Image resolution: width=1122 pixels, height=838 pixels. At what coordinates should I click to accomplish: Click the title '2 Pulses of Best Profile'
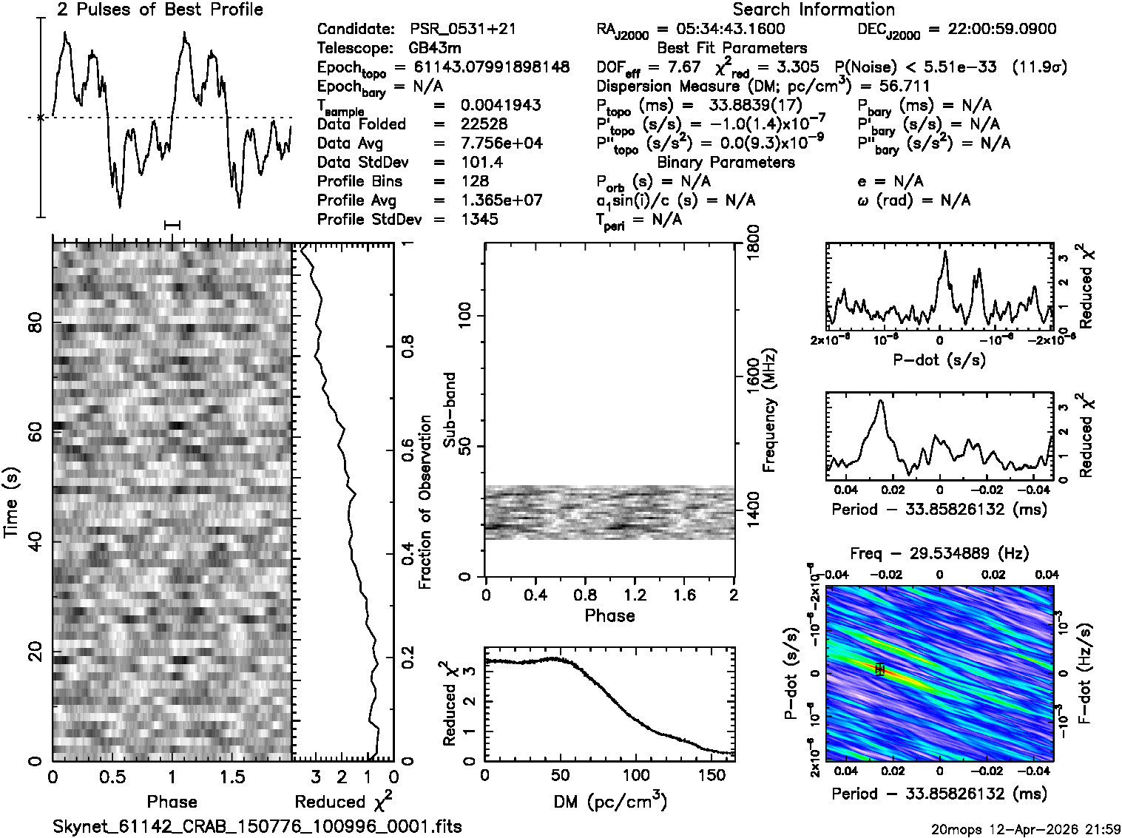point(159,10)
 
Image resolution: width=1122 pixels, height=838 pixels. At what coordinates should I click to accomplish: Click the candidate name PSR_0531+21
point(462,30)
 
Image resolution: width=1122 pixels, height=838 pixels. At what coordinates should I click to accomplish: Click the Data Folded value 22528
point(484,124)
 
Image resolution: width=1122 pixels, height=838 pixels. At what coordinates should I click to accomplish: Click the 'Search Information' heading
point(814,10)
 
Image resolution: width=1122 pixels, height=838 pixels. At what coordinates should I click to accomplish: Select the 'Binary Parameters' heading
point(726,162)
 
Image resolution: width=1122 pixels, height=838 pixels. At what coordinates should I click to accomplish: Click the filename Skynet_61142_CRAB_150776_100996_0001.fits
point(257,826)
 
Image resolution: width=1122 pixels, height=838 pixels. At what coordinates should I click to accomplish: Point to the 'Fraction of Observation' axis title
point(425,502)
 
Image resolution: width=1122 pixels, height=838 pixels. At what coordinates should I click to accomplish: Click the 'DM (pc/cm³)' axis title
point(609,801)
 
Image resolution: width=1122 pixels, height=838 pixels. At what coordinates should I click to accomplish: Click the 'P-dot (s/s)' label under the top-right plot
point(939,360)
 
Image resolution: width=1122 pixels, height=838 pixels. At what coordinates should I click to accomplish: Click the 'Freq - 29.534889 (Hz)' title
point(939,553)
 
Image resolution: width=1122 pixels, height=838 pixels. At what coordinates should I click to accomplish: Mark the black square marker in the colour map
point(879,669)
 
